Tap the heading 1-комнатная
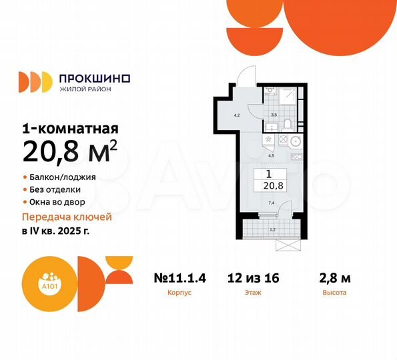click(x=71, y=129)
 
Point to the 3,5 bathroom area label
click(x=273, y=114)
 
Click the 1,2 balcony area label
click(x=272, y=231)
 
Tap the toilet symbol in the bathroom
click(x=285, y=123)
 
